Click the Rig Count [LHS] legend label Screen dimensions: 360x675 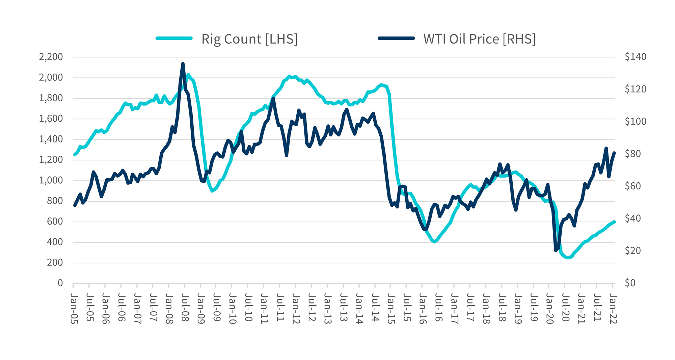(x=249, y=39)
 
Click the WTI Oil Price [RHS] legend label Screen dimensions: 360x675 (x=479, y=39)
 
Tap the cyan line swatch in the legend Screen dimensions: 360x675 (x=174, y=38)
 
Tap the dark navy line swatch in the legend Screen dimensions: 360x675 (x=396, y=38)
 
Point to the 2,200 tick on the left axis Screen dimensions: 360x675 (x=51, y=57)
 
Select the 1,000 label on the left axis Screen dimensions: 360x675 (x=51, y=180)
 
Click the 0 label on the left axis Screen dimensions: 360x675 (x=60, y=283)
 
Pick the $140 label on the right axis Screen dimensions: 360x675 (x=636, y=57)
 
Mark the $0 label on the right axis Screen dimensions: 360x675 (x=630, y=283)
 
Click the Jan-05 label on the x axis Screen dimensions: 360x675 (x=74, y=308)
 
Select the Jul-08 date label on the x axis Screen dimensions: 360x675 (x=185, y=308)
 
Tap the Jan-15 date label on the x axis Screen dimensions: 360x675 (x=391, y=308)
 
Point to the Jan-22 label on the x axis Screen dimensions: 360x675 (x=613, y=308)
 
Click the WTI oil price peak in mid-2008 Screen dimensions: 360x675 (x=183, y=63)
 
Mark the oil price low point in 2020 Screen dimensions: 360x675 (x=556, y=250)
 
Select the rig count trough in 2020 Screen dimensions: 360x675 (x=568, y=258)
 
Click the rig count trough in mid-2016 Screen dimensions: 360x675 (x=434, y=241)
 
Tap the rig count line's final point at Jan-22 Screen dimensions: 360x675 (x=614, y=222)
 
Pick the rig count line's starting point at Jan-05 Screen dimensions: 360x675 (x=75, y=155)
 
